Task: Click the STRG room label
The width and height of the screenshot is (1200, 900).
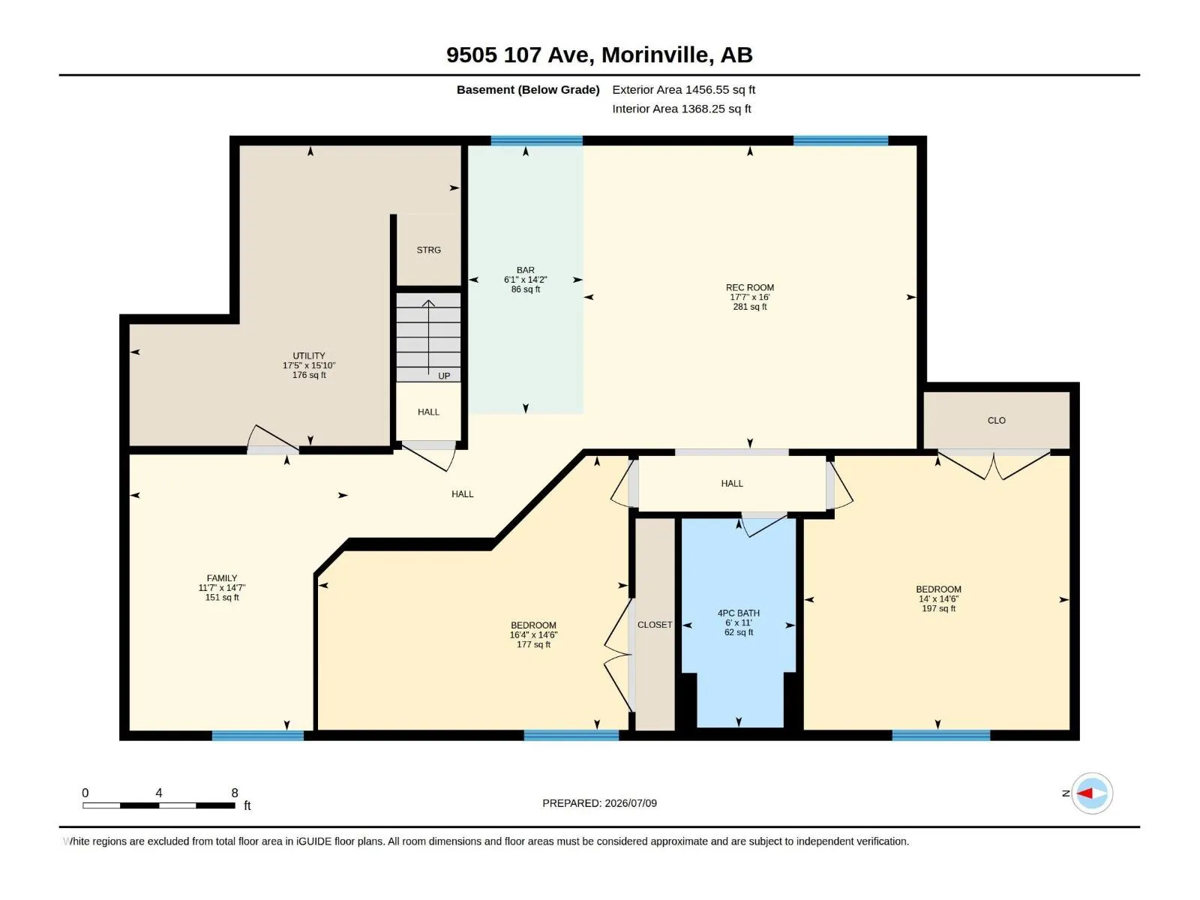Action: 428,250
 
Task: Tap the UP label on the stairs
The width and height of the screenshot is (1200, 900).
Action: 444,376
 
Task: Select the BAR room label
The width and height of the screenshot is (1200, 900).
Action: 526,270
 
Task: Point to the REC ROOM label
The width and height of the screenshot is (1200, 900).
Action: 749,287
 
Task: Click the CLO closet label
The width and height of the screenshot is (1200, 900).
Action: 996,420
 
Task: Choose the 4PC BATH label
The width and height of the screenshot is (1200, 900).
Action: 738,613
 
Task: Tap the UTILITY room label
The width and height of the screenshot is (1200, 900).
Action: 309,355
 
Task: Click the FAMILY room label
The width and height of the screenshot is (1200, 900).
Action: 222,578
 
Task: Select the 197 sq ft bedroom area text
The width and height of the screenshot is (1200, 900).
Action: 938,608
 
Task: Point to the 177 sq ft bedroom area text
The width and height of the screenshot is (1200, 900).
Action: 533,644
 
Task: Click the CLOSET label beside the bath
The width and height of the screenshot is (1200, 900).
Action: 655,625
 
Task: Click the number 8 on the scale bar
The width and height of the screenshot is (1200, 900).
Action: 235,793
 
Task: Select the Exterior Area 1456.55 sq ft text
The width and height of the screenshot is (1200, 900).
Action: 683,89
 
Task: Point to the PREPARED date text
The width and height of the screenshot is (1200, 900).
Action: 599,803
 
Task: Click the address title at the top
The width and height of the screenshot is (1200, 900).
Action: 599,55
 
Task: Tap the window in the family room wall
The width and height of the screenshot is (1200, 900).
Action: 257,736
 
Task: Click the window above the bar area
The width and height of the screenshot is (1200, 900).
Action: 536,140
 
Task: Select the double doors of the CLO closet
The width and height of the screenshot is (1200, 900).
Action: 994,464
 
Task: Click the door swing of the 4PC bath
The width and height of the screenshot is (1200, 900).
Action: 763,524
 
